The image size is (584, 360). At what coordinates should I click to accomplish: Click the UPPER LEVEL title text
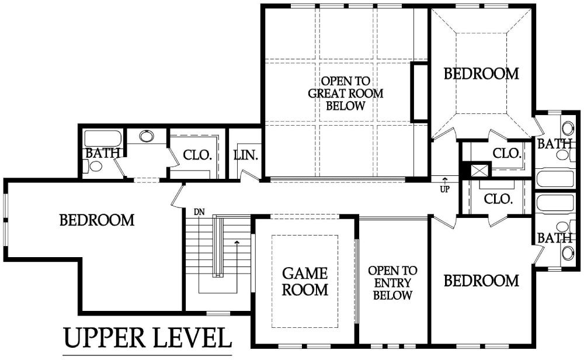148,337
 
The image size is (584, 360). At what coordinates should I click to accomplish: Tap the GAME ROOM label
305,281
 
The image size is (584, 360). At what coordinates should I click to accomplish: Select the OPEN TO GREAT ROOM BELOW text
345,93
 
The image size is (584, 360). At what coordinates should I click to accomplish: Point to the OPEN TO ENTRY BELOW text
392,283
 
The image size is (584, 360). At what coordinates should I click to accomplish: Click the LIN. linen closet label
246,155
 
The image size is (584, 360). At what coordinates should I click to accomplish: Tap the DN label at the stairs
199,212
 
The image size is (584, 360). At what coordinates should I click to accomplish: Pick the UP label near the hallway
444,189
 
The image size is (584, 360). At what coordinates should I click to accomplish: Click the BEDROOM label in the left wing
97,220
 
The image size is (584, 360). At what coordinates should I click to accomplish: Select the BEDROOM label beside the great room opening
481,74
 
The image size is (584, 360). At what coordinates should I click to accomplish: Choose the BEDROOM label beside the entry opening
481,281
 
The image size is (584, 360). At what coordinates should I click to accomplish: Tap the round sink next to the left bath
147,136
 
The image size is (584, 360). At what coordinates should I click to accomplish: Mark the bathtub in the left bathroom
103,139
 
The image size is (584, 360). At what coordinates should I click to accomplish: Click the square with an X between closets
479,170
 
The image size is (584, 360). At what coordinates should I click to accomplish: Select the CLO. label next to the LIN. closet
197,155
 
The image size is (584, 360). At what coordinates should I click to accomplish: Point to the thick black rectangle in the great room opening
420,92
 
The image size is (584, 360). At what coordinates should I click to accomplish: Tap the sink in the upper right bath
568,129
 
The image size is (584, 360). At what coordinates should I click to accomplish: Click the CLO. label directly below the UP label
498,199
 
